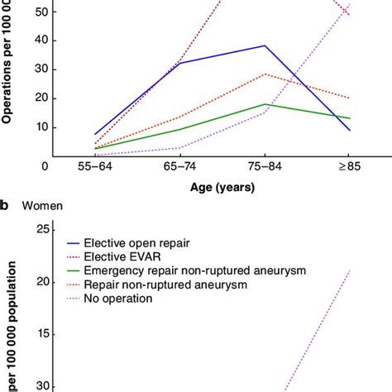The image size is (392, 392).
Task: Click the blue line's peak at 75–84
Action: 264,45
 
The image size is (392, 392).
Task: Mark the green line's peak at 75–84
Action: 264,104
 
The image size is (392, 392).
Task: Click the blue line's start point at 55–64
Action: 96,134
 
